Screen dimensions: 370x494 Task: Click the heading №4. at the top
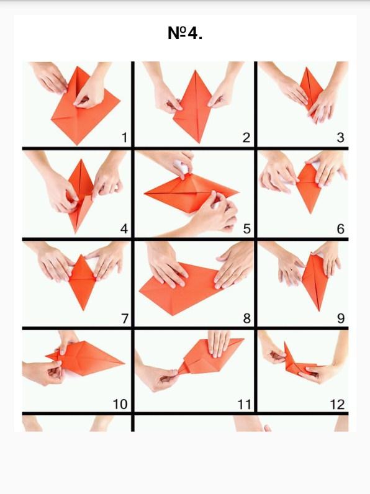185,33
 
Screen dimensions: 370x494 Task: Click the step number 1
125,138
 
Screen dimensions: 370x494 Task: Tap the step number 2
246,138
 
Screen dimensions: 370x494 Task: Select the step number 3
340,138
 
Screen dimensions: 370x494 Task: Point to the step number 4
124,229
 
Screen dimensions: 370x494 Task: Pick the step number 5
247,229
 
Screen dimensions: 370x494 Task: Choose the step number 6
340,229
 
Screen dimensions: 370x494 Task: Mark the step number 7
125,318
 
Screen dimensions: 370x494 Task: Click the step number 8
247,318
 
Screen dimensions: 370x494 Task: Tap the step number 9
341,318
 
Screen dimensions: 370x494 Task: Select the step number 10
120,404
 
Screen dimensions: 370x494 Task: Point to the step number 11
244,404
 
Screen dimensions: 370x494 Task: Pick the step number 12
337,404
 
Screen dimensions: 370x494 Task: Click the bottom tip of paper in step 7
83,310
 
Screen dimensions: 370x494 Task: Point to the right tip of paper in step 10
125,363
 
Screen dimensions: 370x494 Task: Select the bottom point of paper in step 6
311,213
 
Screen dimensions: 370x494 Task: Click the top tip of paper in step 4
81,159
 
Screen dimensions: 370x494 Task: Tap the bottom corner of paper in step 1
76,145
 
